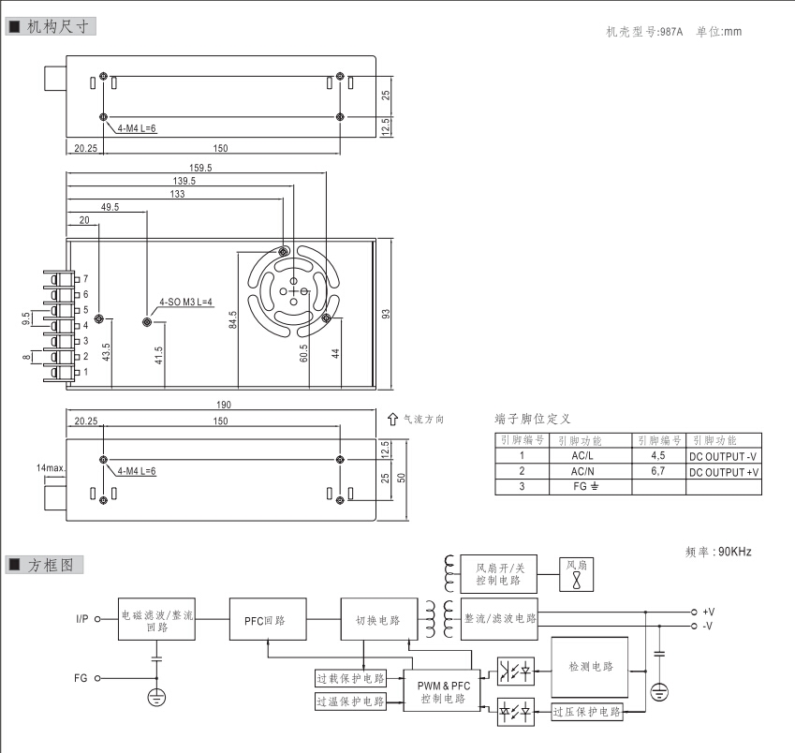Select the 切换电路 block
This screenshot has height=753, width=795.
coord(377,620)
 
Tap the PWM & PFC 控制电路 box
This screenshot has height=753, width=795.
coord(443,692)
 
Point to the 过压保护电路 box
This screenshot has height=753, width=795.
coord(587,713)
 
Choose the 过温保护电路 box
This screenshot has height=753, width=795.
coord(350,701)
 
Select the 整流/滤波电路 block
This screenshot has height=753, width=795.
coord(500,619)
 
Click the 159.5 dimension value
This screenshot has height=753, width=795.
coord(199,168)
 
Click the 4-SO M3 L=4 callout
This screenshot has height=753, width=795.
coord(186,303)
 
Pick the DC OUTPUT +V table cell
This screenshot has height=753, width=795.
coord(724,472)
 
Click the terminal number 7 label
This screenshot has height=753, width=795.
coord(85,279)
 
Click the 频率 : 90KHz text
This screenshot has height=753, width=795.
coord(718,552)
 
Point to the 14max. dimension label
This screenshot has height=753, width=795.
coord(49,466)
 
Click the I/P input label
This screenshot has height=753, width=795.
coord(83,619)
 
